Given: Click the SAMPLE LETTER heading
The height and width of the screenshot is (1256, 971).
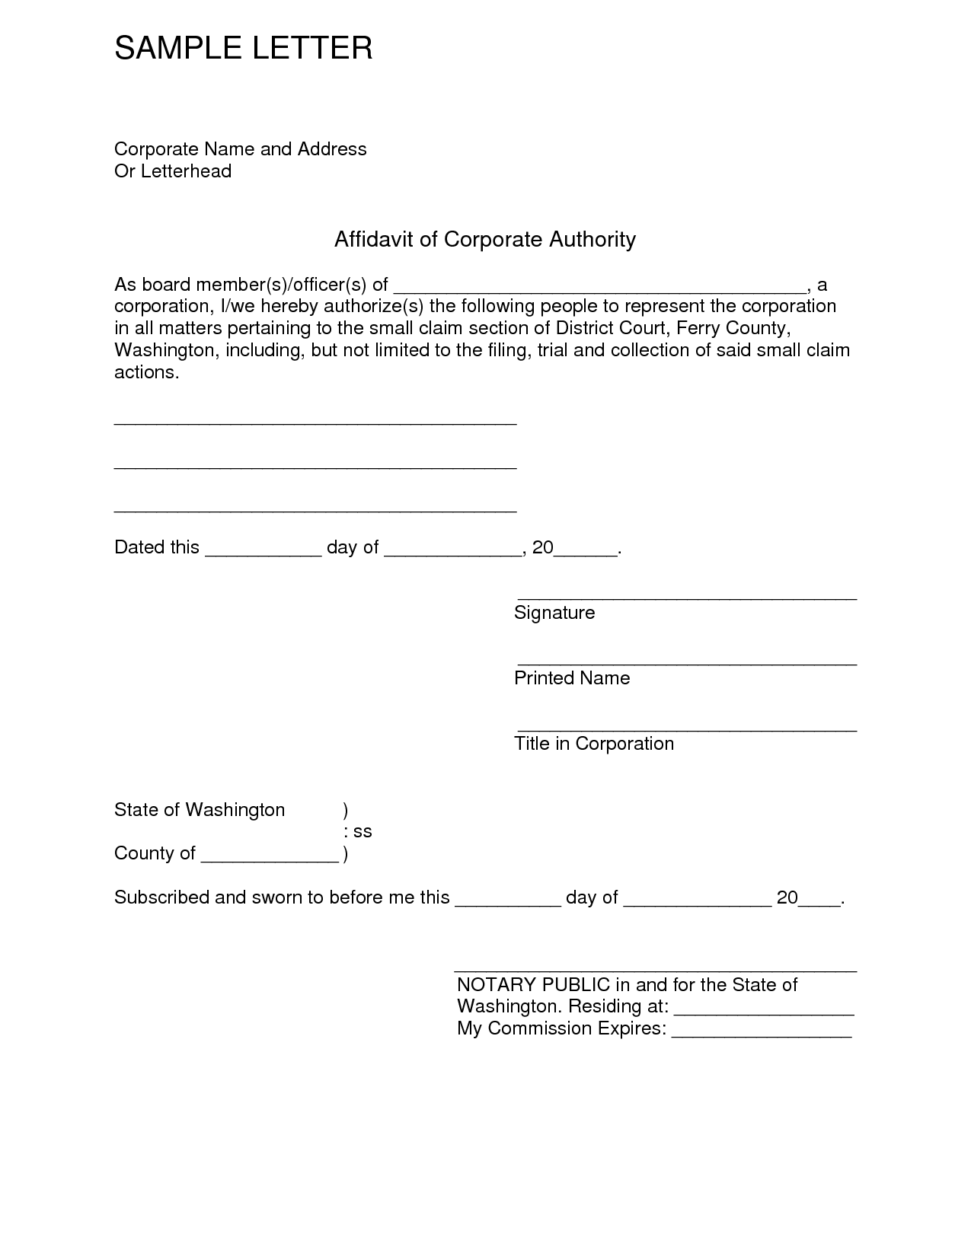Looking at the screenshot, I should point(243,48).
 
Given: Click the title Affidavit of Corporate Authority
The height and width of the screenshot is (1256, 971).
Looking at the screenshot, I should point(484,239).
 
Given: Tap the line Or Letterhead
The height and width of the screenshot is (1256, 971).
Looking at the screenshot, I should point(173,171).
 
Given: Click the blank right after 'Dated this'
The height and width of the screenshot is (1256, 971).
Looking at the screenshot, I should point(263,554).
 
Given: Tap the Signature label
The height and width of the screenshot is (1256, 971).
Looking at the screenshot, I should point(554,613).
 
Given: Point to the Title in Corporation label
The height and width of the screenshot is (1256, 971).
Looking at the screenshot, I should point(594,744).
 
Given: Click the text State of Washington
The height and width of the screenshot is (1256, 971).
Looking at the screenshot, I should point(200,810).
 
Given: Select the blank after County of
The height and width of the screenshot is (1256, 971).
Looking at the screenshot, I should point(270,860).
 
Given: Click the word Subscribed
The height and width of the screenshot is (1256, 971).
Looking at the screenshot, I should point(161,897).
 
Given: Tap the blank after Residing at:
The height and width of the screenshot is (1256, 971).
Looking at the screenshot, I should point(764,1013).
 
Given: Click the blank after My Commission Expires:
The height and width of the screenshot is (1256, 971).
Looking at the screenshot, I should point(762,1035).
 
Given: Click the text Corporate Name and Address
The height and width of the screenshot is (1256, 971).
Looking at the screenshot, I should point(240,148).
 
